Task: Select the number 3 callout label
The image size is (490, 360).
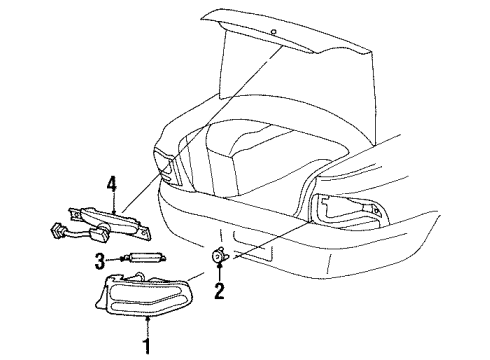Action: [x=100, y=262]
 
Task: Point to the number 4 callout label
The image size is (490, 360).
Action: [x=113, y=182]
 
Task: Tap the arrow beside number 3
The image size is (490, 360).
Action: [x=117, y=261]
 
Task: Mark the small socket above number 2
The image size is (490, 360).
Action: [x=219, y=257]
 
